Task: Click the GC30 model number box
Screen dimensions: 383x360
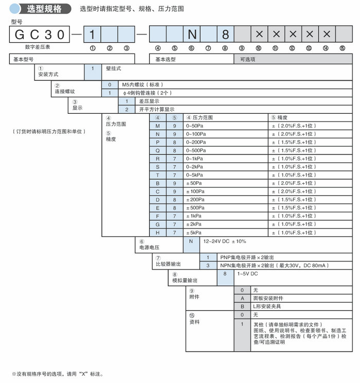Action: point(39,34)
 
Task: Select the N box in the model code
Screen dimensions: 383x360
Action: point(192,34)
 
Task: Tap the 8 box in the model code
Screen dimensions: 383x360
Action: point(225,34)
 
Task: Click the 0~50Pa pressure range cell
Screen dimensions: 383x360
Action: point(195,126)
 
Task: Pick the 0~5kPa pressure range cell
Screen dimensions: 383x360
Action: point(196,175)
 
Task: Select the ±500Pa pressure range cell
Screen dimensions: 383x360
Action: point(195,208)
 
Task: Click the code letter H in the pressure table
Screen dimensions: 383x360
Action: point(158,233)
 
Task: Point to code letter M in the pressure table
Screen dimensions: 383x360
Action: point(158,126)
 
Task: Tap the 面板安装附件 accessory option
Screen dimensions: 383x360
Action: point(267,298)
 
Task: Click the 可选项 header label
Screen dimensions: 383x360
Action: point(248,59)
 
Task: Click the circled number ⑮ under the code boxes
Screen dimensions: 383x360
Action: point(342,48)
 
